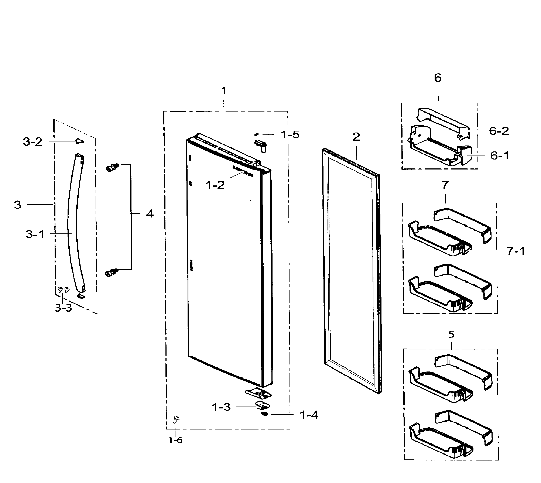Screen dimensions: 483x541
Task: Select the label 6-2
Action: (x=499, y=131)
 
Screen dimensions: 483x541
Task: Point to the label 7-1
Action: (x=516, y=251)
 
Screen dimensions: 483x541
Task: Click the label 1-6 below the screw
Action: (x=175, y=440)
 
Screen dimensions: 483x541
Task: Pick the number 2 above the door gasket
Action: (x=356, y=137)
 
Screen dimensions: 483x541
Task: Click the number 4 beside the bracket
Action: (x=150, y=214)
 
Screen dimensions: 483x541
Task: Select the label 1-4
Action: (x=309, y=415)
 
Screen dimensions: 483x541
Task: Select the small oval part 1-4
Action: (x=264, y=414)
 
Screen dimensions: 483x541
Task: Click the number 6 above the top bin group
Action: (x=438, y=78)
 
